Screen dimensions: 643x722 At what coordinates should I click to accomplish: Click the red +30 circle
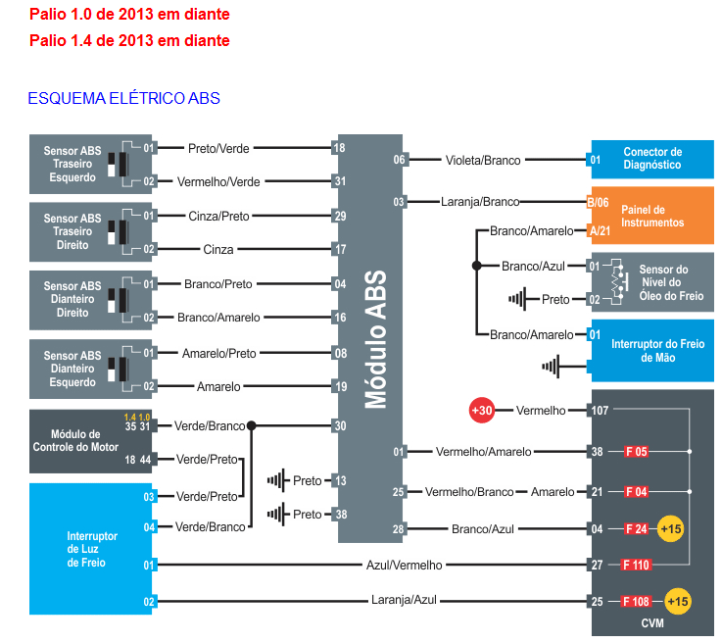[x=481, y=410]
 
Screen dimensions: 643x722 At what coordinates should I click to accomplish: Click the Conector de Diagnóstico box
[x=651, y=159]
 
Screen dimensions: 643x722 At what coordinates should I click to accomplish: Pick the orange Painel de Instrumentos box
[x=651, y=216]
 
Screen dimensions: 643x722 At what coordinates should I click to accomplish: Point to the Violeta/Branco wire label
[x=483, y=160]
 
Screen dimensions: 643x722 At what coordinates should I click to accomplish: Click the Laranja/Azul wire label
[x=404, y=600]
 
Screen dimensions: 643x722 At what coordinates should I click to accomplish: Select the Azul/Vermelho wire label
[x=405, y=565]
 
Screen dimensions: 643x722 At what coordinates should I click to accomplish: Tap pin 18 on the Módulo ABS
[x=339, y=148]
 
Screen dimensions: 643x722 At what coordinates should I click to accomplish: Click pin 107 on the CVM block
[x=600, y=410]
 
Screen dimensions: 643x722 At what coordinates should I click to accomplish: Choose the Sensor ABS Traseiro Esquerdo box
[x=90, y=165]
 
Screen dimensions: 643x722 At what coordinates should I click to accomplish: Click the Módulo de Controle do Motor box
[x=90, y=442]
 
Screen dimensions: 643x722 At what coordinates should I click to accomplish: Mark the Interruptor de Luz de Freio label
[x=92, y=549]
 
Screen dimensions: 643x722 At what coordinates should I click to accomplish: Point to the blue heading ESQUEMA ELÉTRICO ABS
[x=123, y=98]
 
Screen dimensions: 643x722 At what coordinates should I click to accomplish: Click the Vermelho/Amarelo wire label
[x=483, y=452]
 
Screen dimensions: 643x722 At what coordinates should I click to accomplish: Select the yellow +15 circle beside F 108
[x=677, y=600]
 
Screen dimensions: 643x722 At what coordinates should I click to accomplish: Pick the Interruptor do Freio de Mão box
[x=651, y=351]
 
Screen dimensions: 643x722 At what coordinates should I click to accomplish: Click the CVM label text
[x=651, y=623]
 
